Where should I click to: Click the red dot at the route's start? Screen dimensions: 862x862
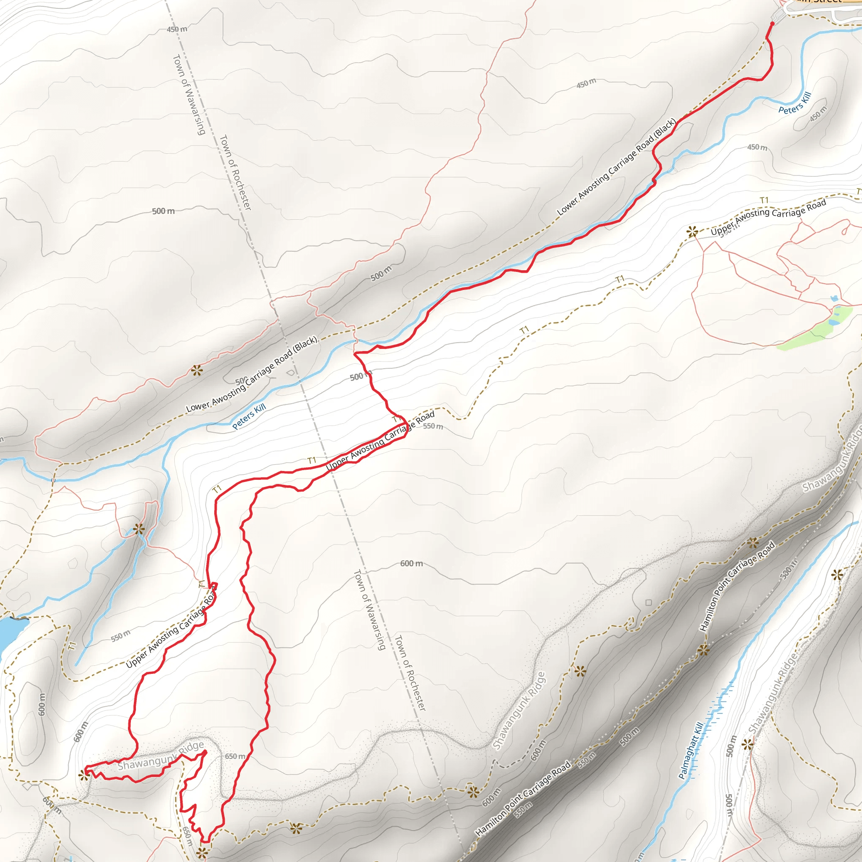[772, 24]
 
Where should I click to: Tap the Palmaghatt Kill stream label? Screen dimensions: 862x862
[691, 750]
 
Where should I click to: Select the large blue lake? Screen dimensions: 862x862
[8, 634]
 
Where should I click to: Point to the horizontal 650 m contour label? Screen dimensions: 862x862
[235, 756]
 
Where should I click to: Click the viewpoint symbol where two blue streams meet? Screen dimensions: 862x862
[139, 529]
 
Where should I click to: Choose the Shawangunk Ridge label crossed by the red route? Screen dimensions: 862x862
[161, 757]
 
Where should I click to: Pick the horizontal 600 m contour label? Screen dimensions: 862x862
[411, 564]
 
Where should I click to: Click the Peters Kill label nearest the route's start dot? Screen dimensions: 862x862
[795, 103]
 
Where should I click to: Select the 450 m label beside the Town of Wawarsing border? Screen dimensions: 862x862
[177, 29]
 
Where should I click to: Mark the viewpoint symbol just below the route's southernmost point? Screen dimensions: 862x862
[202, 853]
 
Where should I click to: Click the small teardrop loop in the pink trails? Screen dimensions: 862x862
[846, 230]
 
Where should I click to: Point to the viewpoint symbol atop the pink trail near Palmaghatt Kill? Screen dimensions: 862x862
[748, 744]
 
